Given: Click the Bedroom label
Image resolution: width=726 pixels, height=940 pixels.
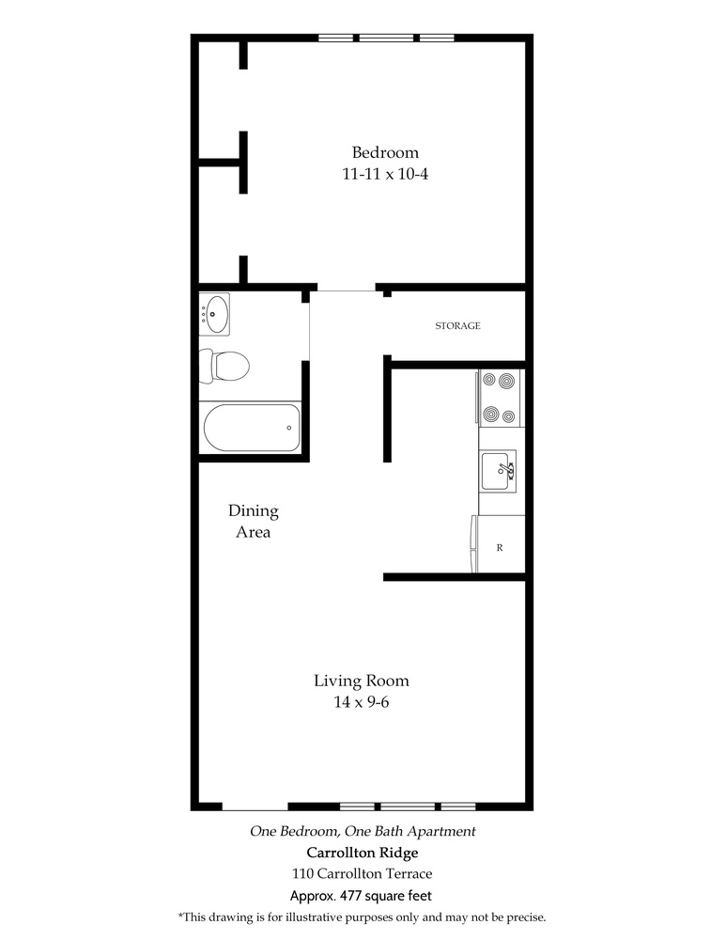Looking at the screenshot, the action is click(x=385, y=152).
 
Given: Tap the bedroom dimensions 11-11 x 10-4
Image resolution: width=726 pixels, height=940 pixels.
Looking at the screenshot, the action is click(x=385, y=174).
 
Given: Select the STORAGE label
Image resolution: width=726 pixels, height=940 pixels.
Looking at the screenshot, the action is click(x=457, y=325).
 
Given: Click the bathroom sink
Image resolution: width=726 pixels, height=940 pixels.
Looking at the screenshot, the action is click(x=214, y=314).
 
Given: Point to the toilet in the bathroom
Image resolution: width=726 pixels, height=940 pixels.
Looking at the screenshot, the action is click(x=224, y=366).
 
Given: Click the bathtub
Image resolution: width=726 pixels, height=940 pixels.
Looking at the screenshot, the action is click(x=251, y=428).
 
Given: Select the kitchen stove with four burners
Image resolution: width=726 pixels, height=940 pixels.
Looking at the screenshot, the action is click(x=500, y=398).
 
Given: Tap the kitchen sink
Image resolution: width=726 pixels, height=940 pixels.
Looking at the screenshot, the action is click(x=499, y=471).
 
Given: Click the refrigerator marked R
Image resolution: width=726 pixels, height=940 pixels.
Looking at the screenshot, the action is click(x=499, y=544).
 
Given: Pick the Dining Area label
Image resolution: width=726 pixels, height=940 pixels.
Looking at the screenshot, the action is click(x=254, y=521).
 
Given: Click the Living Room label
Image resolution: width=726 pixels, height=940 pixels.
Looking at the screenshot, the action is click(x=362, y=681).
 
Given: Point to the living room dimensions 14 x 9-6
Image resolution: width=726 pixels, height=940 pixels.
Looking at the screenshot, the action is click(x=362, y=701).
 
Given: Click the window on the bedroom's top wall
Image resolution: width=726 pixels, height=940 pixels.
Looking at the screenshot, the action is click(x=386, y=39).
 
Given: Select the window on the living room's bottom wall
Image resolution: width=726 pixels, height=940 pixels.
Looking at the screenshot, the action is click(x=408, y=807).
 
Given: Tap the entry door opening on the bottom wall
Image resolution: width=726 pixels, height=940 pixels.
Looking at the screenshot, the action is click(x=255, y=807).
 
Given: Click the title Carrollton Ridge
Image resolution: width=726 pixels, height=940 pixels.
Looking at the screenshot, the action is click(x=363, y=853).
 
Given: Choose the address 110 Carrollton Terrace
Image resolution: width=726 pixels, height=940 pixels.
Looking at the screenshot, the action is click(x=362, y=873).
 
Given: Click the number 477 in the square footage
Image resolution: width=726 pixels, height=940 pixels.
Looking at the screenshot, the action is click(x=350, y=896).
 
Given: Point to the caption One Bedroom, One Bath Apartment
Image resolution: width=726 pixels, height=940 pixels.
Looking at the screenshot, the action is click(x=363, y=832).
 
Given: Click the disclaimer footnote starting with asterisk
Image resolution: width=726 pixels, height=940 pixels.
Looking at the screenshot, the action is click(x=362, y=917).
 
